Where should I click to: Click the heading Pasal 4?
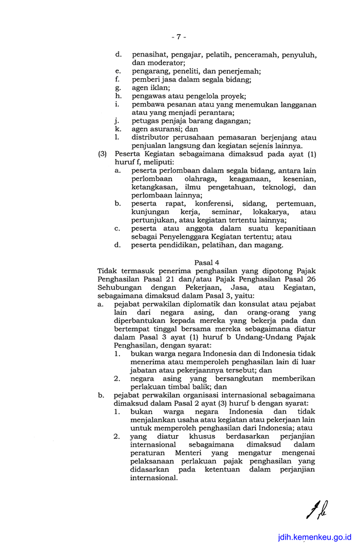[x=206, y=262]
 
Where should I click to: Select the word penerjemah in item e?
[x=240, y=71]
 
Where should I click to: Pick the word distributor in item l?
[x=151, y=137]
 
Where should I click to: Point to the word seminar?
[x=218, y=212]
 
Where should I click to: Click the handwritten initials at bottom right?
[x=317, y=510]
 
